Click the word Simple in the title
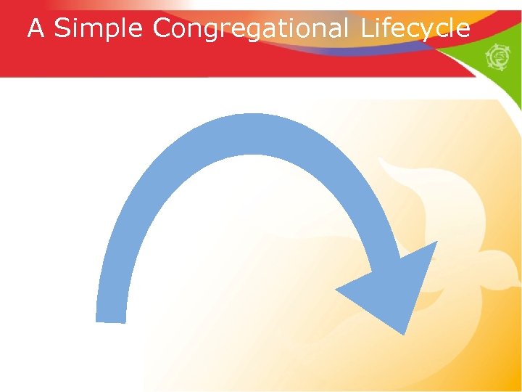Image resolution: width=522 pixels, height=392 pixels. click(100, 29)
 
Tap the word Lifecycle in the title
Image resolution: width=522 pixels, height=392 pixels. click(415, 29)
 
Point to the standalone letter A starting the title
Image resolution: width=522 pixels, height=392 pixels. click(36, 28)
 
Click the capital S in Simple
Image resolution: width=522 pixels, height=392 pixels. click(62, 28)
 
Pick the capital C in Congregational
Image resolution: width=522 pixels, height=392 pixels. click(162, 28)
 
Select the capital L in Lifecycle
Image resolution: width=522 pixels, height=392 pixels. click(367, 28)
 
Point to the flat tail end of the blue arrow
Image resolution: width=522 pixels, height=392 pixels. click(111, 320)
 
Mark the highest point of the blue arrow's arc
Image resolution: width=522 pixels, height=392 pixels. click(250, 115)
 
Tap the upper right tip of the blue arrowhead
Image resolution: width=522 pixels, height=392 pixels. click(437, 242)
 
